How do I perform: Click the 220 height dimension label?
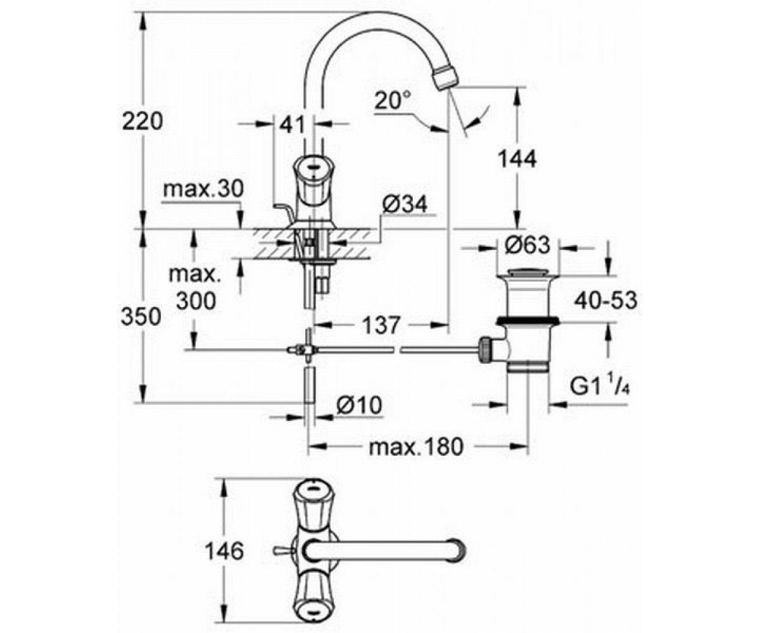[x=142, y=121]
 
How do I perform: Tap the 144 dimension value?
[x=517, y=159]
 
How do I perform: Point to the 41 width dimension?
[x=292, y=125]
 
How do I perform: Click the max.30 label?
[x=203, y=189]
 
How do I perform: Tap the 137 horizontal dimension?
[x=381, y=325]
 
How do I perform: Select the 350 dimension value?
[x=141, y=316]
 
